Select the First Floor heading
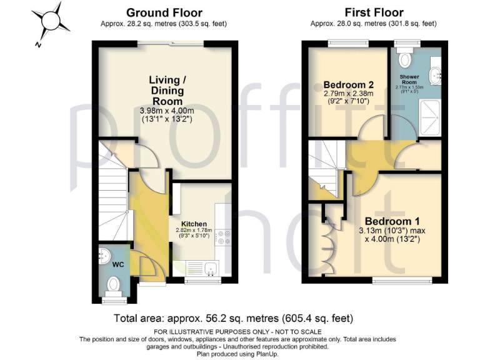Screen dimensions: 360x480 (374, 12)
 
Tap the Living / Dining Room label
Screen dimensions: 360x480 (166, 90)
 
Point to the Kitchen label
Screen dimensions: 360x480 (194, 224)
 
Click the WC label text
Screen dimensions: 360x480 (118, 264)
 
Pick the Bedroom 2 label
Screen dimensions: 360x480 (348, 85)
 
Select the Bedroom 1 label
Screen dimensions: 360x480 (392, 221)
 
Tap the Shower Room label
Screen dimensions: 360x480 (409, 80)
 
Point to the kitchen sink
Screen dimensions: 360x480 (211, 269)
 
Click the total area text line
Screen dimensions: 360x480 (232, 317)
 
